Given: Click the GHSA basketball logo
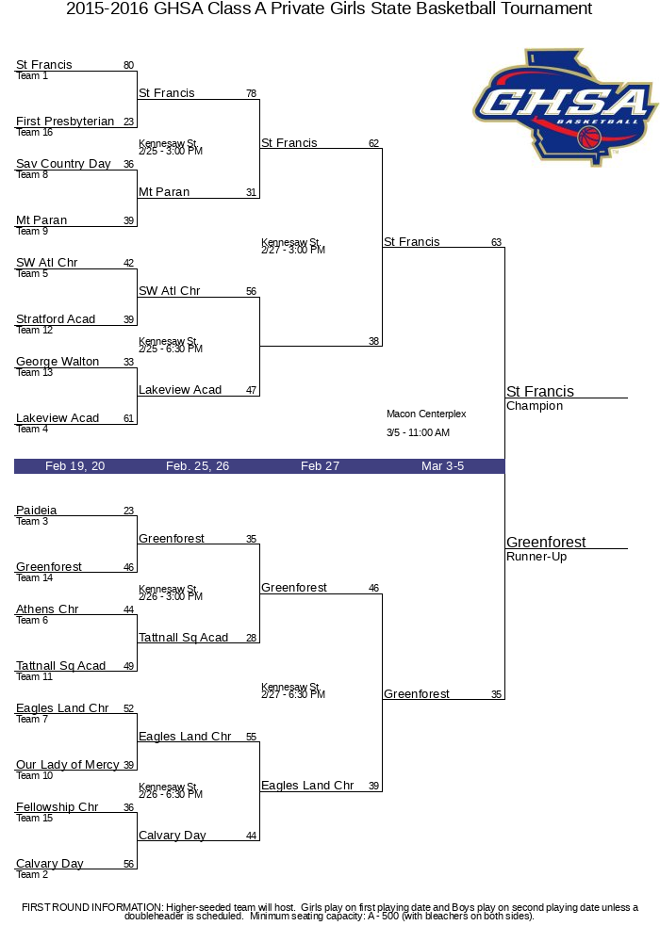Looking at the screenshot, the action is pos(565,106).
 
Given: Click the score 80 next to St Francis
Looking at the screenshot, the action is pos(128,65).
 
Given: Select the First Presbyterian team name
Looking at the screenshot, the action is pos(65,122).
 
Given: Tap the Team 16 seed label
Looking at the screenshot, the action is pos(34,132).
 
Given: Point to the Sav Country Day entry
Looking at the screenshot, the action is pos(63,163).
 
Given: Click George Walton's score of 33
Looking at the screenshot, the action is pos(128,362).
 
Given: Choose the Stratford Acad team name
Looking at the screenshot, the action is pos(56,319).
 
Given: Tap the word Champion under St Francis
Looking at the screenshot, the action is pos(535,406).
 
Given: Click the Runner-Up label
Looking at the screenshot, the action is pos(536,557).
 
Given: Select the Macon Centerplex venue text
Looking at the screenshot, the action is pos(426,414).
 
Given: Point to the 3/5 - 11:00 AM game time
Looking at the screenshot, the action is pos(418,432).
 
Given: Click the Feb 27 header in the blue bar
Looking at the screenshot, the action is pos(320,466).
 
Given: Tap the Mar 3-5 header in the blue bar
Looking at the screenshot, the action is pos(442,466).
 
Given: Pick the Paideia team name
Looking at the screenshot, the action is pos(36,510).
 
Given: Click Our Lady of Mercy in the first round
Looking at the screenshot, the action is pos(67,765).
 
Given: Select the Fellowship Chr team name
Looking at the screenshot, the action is pos(58,807).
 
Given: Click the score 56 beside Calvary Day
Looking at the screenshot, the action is pos(128,864).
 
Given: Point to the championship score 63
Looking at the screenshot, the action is pos(496,242).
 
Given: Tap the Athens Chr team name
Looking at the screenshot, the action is pos(47,609).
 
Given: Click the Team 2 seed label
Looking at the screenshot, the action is pos(32,875).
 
